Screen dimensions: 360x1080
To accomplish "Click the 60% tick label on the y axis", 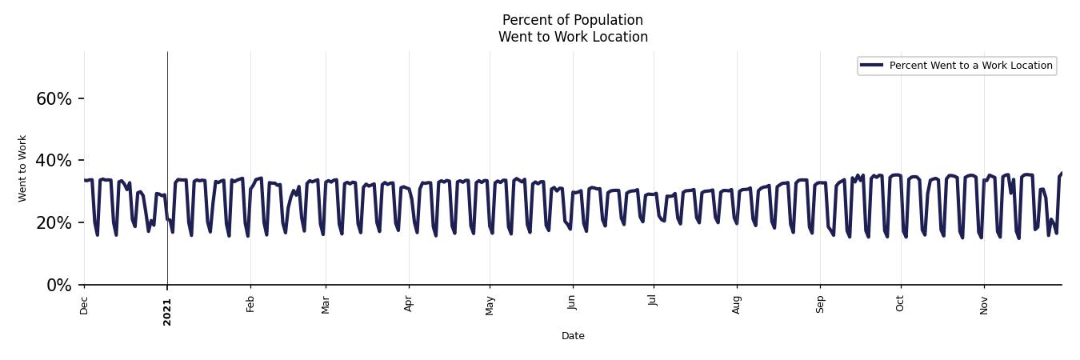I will tap(54, 99).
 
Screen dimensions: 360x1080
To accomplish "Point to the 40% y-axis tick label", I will tap(54, 161).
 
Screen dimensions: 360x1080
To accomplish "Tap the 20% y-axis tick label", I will tap(54, 223).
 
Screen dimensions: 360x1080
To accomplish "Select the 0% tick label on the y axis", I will tap(59, 286).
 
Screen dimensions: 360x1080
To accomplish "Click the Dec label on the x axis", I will tap(84, 305).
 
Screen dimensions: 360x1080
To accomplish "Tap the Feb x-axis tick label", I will tap(250, 304).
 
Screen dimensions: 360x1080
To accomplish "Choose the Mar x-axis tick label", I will tap(326, 305).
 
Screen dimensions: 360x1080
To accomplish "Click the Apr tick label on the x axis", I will tap(409, 304).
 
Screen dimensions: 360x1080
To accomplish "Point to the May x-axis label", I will tap(490, 306).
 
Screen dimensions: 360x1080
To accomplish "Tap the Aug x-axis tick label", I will tap(737, 305).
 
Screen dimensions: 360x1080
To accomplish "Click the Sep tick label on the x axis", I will tap(820, 304).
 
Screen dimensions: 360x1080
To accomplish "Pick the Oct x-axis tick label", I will tap(901, 304).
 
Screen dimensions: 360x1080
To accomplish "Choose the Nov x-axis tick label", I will tap(984, 305).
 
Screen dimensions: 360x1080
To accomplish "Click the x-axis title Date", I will tap(573, 336).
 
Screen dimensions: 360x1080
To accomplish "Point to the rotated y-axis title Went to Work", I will tap(22, 168).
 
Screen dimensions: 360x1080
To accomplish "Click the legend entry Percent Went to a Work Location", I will tap(970, 66).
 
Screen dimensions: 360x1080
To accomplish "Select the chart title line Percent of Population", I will tap(573, 20).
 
